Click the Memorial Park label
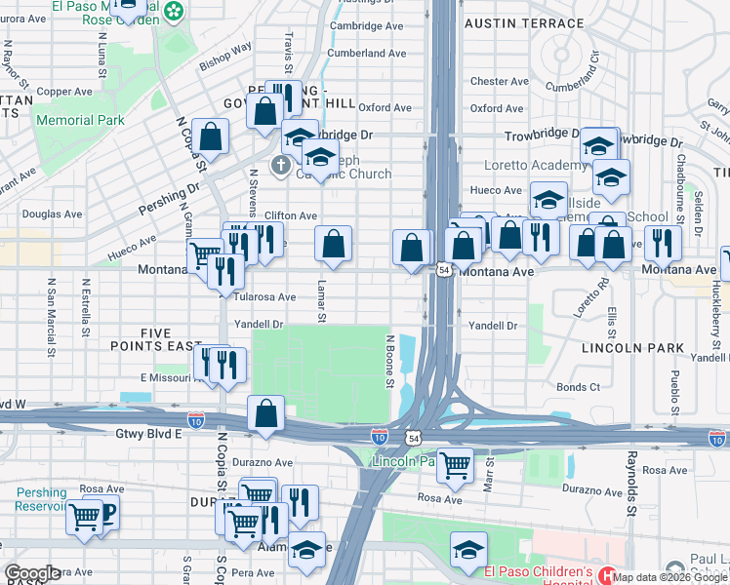point(80,120)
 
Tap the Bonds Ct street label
point(579,387)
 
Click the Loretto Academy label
point(525,139)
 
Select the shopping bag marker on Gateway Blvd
point(265,413)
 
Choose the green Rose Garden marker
point(174,12)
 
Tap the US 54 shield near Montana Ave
point(444,269)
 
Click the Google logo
point(31,574)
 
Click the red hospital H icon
point(607,577)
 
